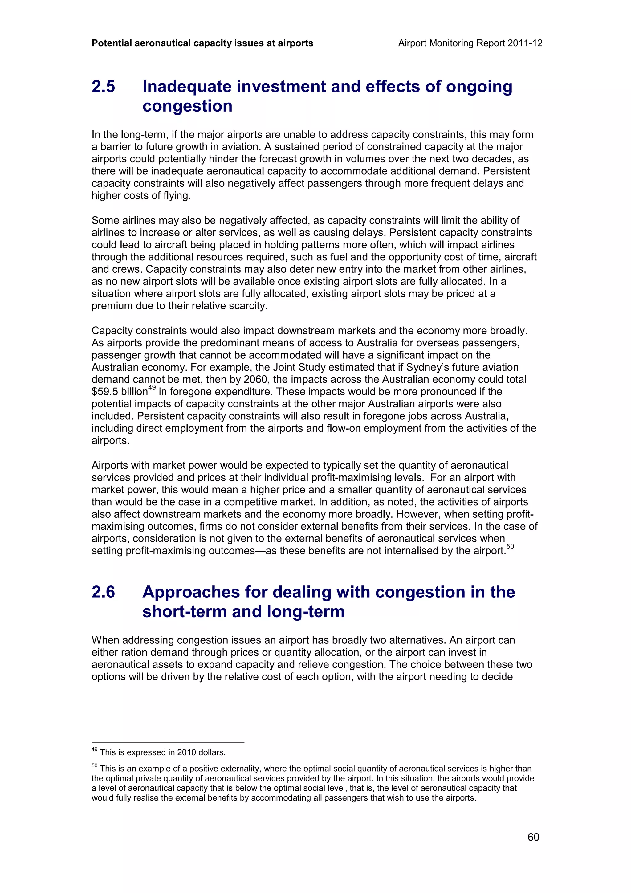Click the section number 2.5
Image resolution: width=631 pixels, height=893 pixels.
click(x=104, y=86)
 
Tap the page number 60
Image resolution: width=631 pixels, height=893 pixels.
click(x=533, y=837)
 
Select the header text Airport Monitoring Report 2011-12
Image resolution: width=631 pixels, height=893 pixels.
click(x=470, y=43)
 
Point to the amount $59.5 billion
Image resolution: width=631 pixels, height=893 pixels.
click(x=119, y=392)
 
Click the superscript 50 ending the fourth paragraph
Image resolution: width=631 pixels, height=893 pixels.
click(x=510, y=546)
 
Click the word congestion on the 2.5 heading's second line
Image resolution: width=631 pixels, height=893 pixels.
click(x=187, y=106)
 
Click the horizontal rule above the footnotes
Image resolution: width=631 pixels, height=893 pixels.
click(x=168, y=743)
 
